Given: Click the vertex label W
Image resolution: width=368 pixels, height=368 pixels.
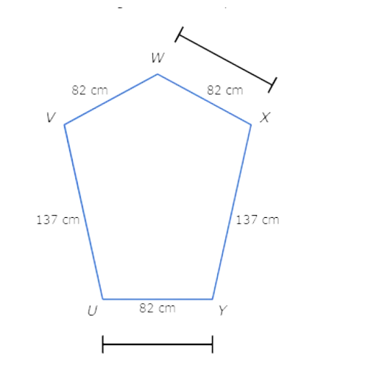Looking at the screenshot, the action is point(158,58).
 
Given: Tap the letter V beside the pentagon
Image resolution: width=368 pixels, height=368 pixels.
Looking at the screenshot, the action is point(51,117).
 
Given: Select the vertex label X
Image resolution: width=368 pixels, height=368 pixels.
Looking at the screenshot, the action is point(265,117).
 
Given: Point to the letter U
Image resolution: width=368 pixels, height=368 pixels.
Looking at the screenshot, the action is point(93,311).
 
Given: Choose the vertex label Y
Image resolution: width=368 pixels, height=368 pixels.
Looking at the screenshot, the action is point(223,311).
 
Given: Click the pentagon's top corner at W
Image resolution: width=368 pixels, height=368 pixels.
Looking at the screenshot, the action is point(158,74).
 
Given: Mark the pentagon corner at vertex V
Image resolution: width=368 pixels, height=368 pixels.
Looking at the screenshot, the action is point(65,124).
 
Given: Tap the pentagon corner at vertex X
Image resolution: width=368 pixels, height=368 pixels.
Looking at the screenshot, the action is point(251,124).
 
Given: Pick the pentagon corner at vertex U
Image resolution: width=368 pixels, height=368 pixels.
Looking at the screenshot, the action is point(103,299).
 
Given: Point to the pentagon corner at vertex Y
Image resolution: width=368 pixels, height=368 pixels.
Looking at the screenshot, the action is point(213,299).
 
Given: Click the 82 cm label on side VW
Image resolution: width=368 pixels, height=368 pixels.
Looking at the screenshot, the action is point(90,91).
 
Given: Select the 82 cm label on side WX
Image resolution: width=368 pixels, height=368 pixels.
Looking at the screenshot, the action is point(225,91).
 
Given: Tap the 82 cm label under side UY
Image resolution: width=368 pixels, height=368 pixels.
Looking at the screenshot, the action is point(158,308).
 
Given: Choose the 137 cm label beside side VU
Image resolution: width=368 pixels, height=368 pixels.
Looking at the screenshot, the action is point(58,220).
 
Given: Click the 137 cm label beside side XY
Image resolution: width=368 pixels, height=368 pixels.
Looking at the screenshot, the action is point(258,220).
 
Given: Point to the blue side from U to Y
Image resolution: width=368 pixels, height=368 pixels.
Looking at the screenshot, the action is point(158,299).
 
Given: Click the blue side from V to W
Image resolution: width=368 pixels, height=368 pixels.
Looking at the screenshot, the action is point(111,99).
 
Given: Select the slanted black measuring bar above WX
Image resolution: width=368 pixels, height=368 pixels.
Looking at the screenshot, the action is point(226,60).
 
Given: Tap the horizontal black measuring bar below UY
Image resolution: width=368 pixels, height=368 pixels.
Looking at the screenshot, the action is point(158,344).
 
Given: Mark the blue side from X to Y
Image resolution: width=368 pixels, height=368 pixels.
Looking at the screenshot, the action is point(232,212).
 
